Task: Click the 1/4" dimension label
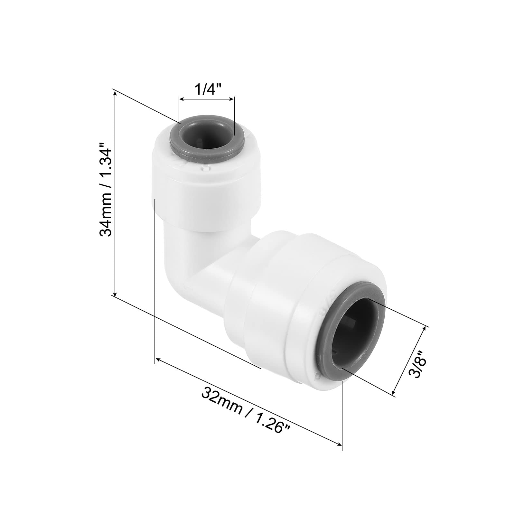point(206,89)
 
